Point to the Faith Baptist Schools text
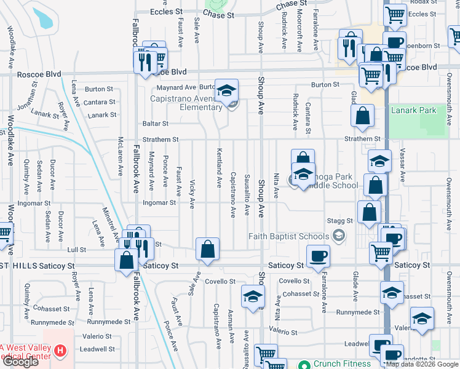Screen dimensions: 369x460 (289, 236)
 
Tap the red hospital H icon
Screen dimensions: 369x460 (60, 351)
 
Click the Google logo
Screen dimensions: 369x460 (20, 362)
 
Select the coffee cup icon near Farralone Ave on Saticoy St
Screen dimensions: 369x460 (318, 256)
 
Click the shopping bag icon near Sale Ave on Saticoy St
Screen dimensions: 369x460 (208, 250)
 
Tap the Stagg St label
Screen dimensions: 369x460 (340, 220)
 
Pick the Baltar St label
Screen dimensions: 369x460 (156, 124)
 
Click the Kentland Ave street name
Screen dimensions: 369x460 (218, 168)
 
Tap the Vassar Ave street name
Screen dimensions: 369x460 (403, 165)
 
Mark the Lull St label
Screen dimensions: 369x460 (77, 250)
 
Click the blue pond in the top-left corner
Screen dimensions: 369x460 (42, 17)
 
